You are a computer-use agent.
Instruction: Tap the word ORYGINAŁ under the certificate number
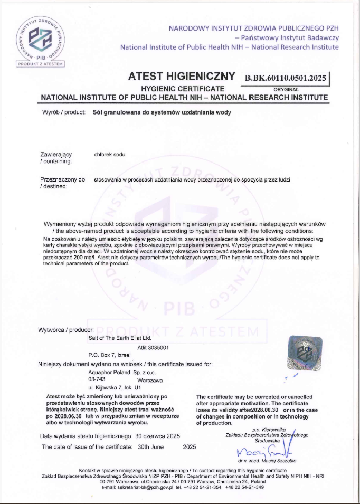[x=286, y=89]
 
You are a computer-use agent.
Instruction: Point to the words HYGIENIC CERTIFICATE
[x=183, y=89]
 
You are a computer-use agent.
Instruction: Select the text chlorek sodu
[x=110, y=154]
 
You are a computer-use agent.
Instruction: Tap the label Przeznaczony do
[x=62, y=179]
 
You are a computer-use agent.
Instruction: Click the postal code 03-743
[x=97, y=379]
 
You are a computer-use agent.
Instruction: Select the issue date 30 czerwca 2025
[x=158, y=436]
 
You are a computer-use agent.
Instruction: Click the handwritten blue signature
[x=264, y=452]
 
